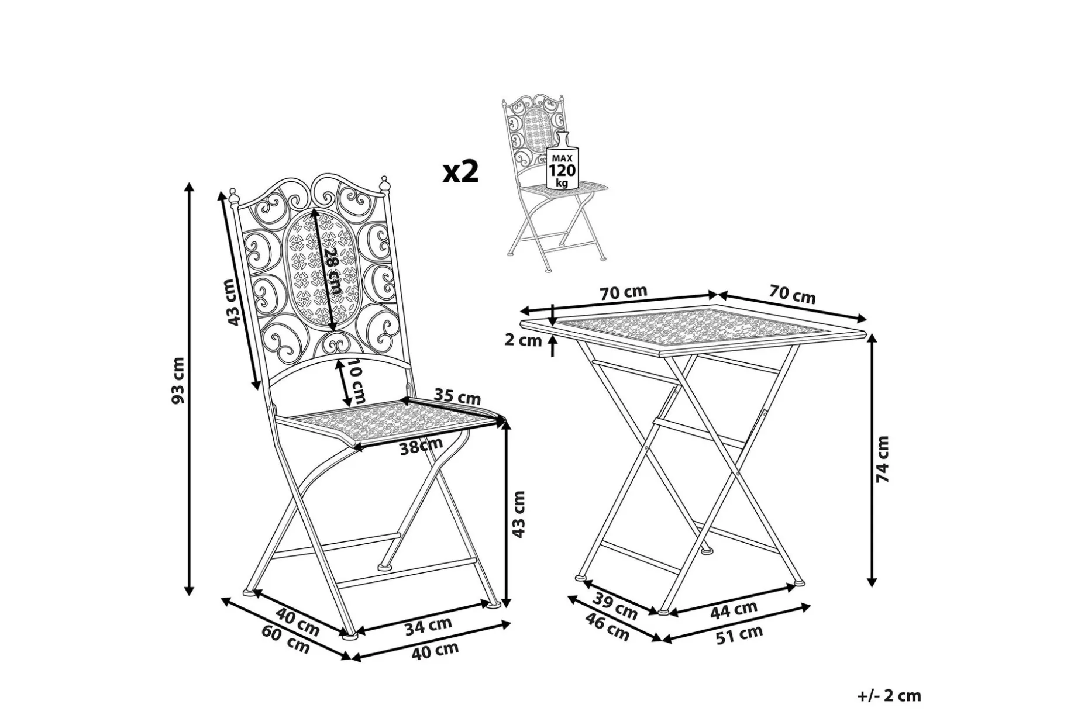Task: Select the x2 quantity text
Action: (x=461, y=171)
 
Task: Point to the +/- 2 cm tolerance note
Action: (x=889, y=696)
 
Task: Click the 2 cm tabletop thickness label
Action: (x=524, y=340)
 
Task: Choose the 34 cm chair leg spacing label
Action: (x=429, y=626)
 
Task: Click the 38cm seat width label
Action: (x=421, y=448)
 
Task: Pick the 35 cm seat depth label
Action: (x=457, y=398)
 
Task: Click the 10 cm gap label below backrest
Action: (x=357, y=383)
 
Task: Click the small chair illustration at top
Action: (x=553, y=184)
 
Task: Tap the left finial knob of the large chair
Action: (x=234, y=195)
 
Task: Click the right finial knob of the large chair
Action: (x=385, y=184)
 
